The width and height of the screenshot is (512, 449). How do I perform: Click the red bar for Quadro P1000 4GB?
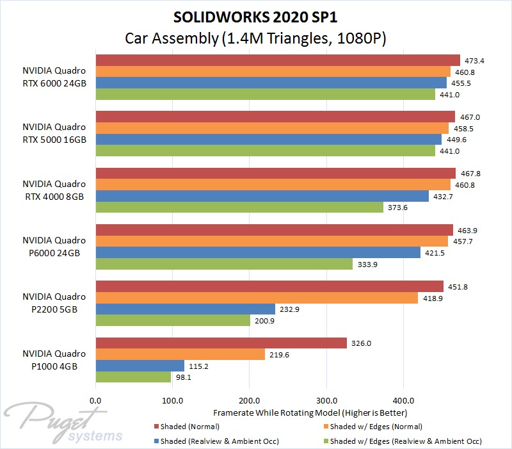click(221, 343)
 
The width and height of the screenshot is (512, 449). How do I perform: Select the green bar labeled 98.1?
click(133, 377)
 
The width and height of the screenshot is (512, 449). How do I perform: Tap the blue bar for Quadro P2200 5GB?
click(186, 309)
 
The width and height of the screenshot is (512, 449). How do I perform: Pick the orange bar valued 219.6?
click(180, 354)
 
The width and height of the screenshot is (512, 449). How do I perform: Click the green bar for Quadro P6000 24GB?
click(224, 264)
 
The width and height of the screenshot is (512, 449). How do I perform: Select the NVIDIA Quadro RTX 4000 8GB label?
click(54, 190)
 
